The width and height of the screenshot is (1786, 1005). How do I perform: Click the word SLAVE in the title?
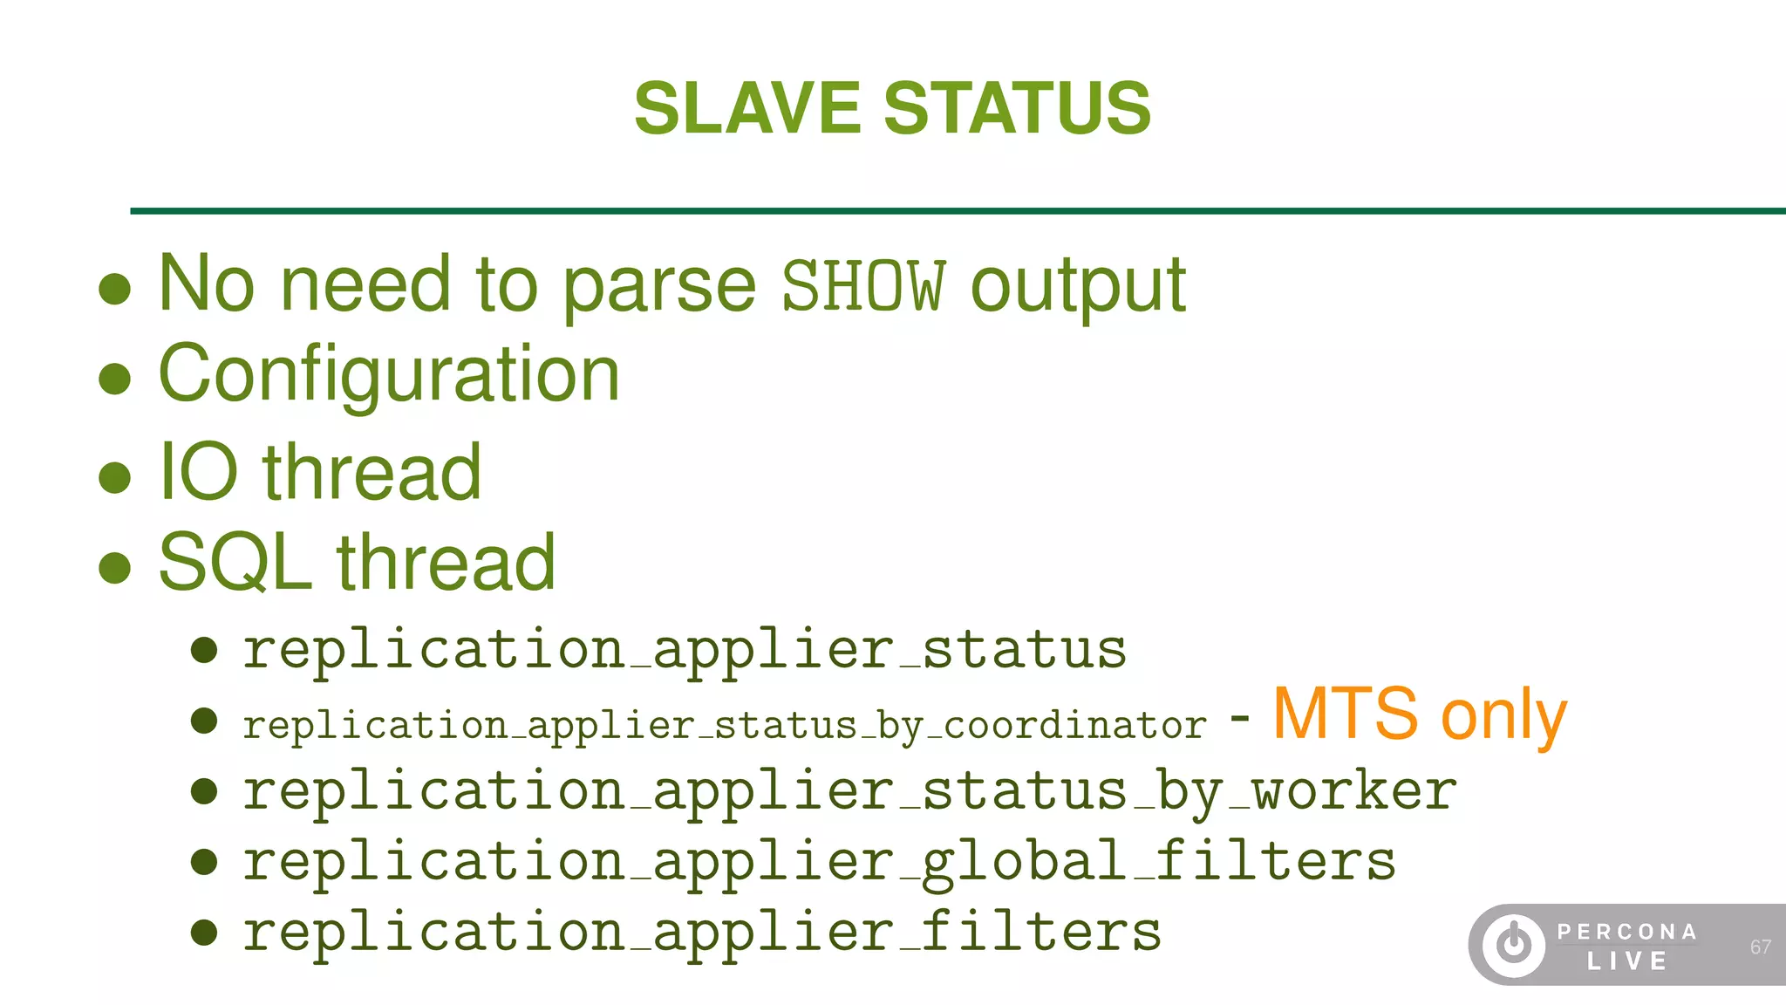[x=747, y=108]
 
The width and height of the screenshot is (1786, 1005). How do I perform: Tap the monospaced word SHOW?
[x=862, y=285]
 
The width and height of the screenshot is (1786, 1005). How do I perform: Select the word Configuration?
[x=389, y=374]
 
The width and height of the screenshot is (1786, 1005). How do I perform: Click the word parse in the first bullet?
[x=659, y=287]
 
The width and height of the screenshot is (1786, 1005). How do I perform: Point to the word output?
[x=1078, y=287]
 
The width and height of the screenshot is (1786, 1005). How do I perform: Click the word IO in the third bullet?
[x=198, y=472]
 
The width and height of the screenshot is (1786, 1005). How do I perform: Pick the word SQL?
[x=235, y=563]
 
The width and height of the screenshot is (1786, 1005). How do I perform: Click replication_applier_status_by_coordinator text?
[x=725, y=725]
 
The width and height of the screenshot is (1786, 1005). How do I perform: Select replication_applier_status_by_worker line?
[x=849, y=791]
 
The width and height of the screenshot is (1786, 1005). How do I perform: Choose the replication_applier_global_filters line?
[x=819, y=862]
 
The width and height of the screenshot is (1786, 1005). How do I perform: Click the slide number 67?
[x=1760, y=947]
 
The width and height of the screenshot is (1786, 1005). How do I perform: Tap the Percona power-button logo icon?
[x=1514, y=945]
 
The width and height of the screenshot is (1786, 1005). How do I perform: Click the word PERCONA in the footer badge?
[x=1626, y=932]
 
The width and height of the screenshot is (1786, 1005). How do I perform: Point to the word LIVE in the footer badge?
[x=1626, y=961]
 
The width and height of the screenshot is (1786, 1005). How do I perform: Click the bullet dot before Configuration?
[x=115, y=379]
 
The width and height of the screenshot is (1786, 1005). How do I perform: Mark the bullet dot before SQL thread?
[x=115, y=567]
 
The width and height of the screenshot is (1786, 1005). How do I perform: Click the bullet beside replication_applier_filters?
[x=204, y=933]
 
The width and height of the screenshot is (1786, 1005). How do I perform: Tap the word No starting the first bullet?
[x=207, y=284]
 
